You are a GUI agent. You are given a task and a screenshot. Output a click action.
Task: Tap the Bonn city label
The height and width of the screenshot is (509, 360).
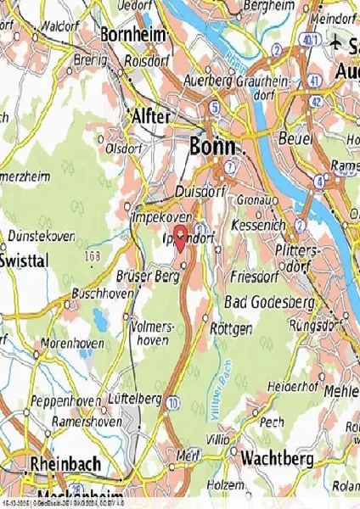pos(212,146)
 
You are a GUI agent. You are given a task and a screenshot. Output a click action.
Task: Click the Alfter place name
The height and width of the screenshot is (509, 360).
pos(150,116)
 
